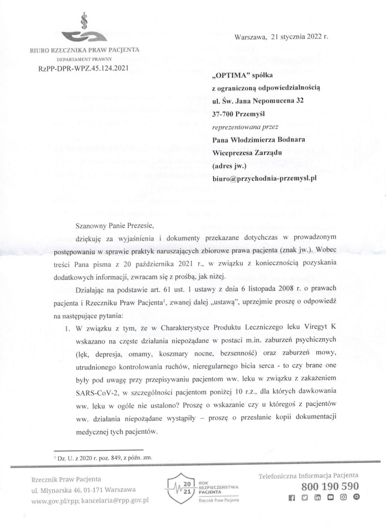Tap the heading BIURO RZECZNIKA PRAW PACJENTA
tap(84, 50)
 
